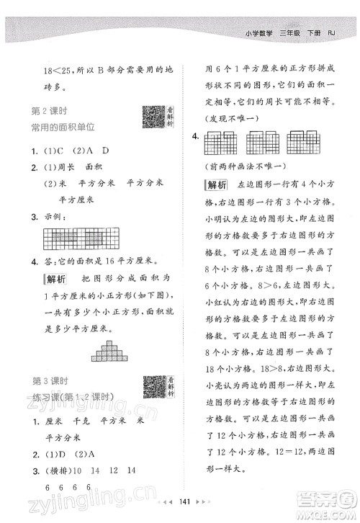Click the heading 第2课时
click(x=50, y=110)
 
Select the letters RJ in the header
click(x=333, y=31)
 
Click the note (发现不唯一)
click(x=230, y=117)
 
